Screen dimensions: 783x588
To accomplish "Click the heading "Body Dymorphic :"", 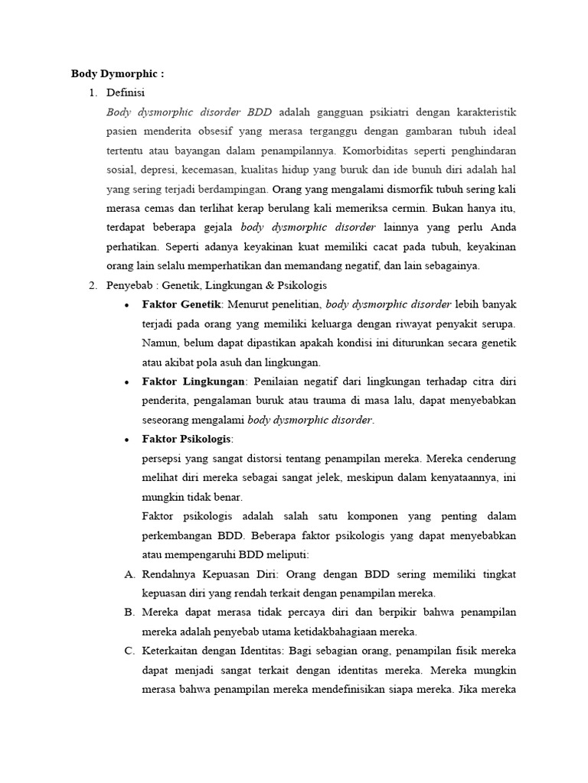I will pyautogui.click(x=117, y=74).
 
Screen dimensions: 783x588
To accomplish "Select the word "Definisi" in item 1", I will pyautogui.click(x=126, y=93).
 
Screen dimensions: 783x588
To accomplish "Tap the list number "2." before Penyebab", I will pyautogui.click(x=92, y=285).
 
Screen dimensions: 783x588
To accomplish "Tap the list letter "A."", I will pyautogui.click(x=129, y=574).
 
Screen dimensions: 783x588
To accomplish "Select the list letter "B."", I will pyautogui.click(x=129, y=612).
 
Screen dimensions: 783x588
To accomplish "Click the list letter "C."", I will pyautogui.click(x=129, y=651).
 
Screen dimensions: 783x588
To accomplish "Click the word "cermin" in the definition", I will pyautogui.click(x=407, y=207).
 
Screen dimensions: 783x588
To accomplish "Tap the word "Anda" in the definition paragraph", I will pyautogui.click(x=502, y=227).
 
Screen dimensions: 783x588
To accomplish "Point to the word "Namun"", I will pyautogui.click(x=159, y=343).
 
